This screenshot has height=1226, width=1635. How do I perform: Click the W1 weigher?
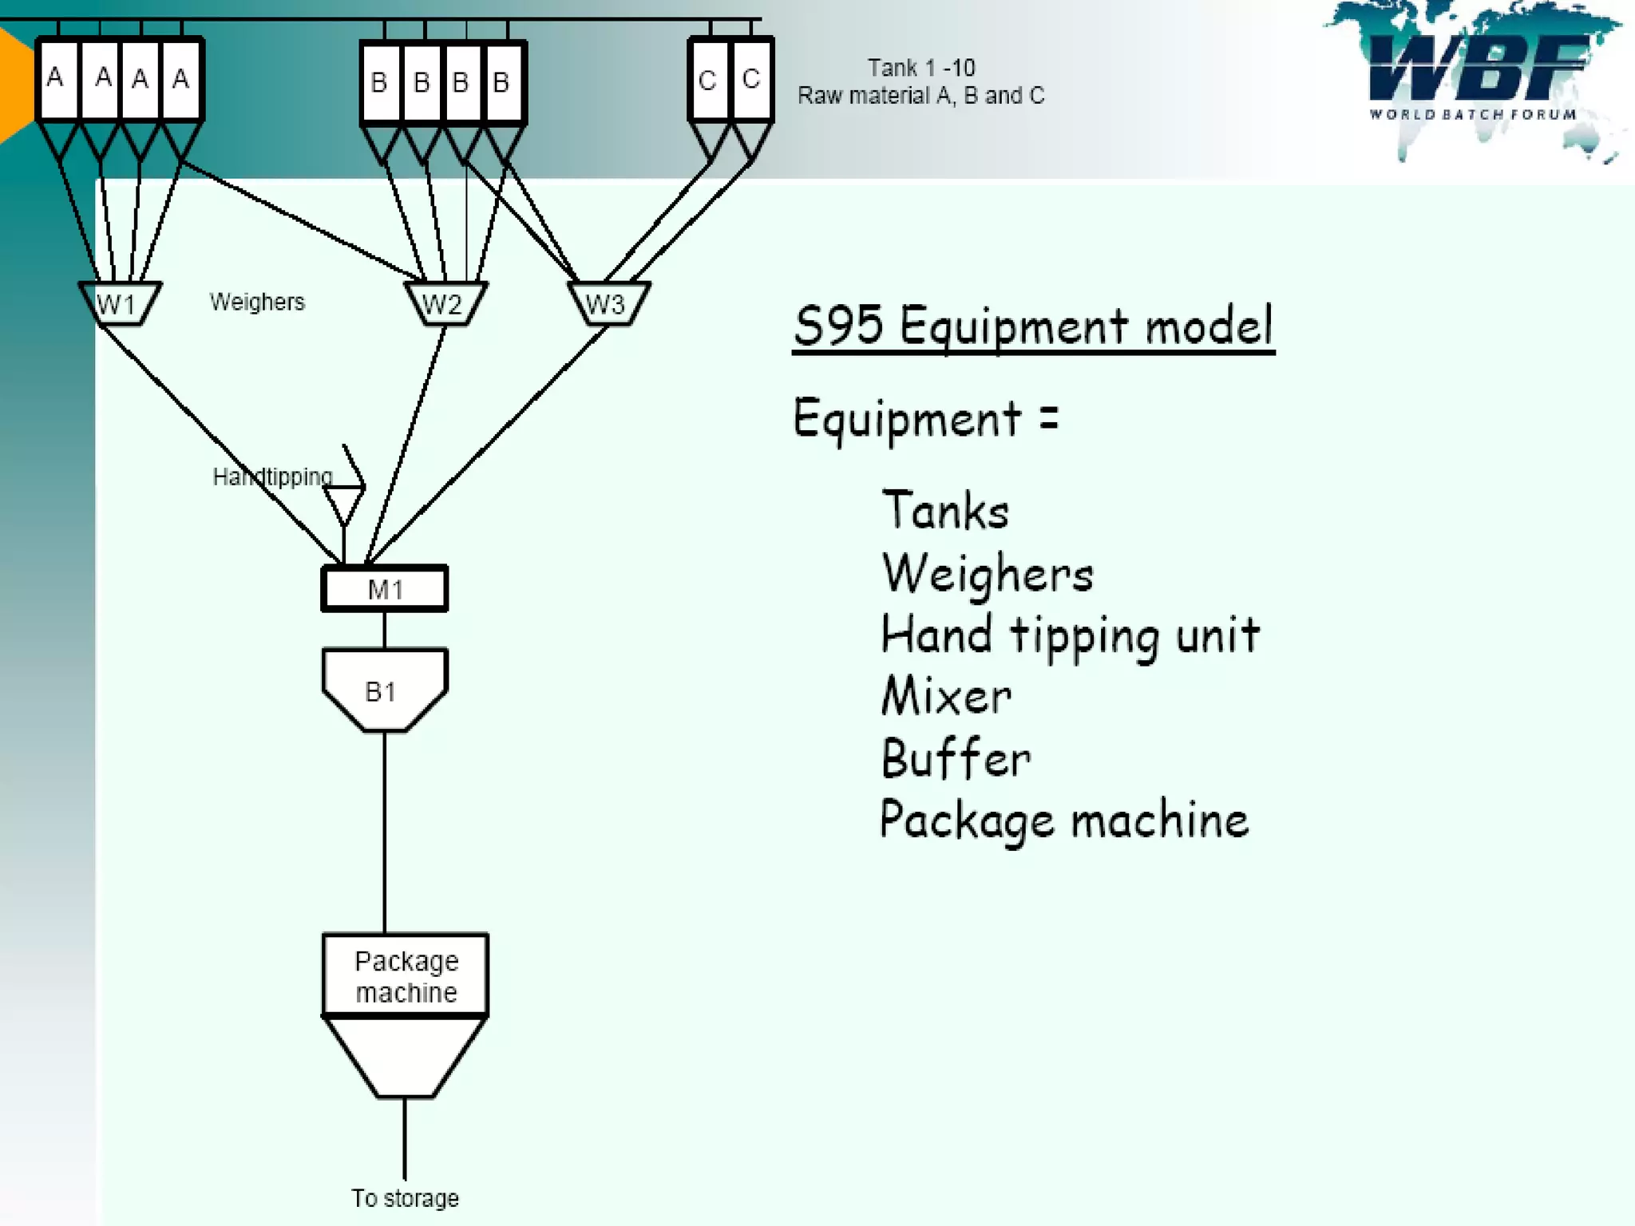(119, 303)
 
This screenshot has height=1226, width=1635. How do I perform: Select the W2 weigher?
(444, 303)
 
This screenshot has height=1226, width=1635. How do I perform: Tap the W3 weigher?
(608, 303)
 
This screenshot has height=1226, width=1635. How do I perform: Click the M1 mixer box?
(385, 589)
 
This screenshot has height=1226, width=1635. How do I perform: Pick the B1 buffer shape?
(383, 690)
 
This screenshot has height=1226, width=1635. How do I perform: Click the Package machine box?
(406, 975)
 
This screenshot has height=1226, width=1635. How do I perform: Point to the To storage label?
(405, 1198)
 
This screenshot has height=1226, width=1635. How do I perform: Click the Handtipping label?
(272, 477)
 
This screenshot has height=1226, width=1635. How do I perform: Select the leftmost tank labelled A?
(57, 79)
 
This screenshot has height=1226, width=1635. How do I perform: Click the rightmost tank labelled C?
(750, 79)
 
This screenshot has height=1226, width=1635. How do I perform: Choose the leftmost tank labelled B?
(380, 82)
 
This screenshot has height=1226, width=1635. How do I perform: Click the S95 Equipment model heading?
(1033, 326)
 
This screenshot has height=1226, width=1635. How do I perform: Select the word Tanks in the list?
(945, 511)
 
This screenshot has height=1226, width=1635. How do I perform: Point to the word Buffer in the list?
(956, 758)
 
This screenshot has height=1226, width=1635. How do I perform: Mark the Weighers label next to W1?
(257, 302)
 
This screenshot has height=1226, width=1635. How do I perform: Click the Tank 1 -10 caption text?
(921, 68)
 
